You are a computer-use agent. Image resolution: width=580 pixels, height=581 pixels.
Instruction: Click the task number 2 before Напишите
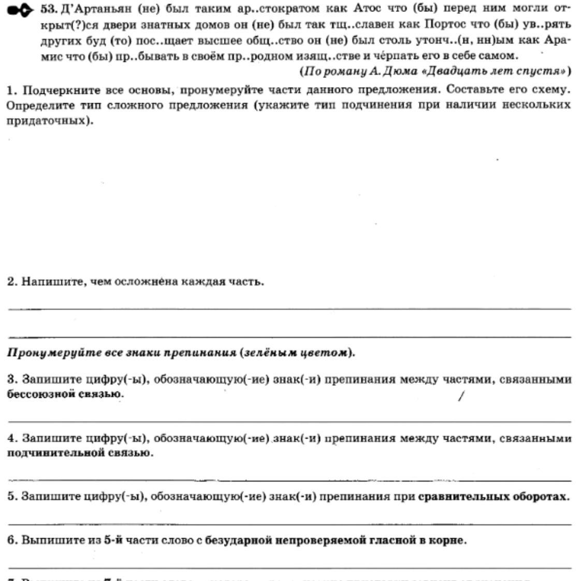(x=11, y=282)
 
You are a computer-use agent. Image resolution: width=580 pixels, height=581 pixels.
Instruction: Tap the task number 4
(x=11, y=439)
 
